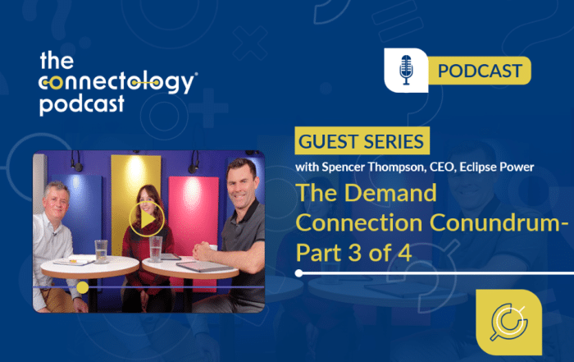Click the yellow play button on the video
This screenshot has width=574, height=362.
pyautogui.click(x=148, y=219)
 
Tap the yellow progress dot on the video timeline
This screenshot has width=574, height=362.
pyautogui.click(x=83, y=288)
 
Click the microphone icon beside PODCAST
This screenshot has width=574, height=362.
pyautogui.click(x=406, y=71)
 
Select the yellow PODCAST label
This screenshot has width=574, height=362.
pyautogui.click(x=479, y=71)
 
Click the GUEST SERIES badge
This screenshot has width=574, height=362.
pyautogui.click(x=362, y=140)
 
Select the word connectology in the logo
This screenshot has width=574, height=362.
pyautogui.click(x=118, y=83)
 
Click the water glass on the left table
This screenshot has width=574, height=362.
pyautogui.click(x=100, y=250)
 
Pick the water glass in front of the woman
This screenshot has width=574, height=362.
pyautogui.click(x=156, y=248)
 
